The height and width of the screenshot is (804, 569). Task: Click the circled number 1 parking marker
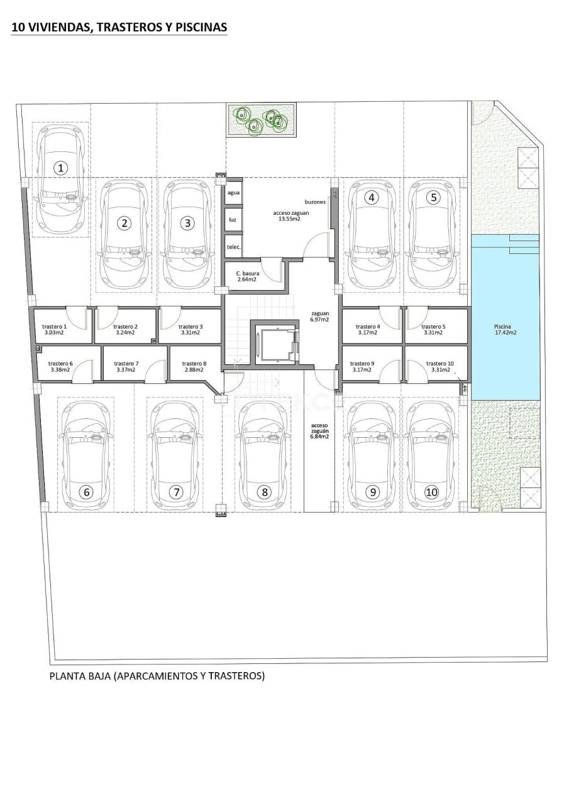pos(60,168)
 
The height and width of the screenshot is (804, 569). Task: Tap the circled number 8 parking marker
pos(265,492)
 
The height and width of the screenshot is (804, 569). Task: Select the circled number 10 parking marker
pos(431,492)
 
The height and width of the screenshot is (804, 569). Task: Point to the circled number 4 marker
pos(372,197)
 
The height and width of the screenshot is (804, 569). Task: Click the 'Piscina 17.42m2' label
pos(505,329)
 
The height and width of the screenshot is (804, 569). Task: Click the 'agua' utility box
pos(233,193)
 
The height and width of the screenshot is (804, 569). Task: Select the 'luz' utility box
pos(233,220)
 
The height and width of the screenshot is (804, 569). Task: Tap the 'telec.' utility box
pos(234,247)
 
